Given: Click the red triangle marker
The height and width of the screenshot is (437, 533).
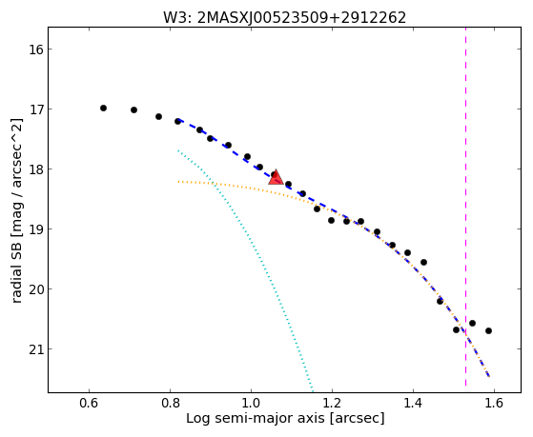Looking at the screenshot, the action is [x=276, y=177].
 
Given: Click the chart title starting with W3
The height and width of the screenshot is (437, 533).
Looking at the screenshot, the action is [x=284, y=18].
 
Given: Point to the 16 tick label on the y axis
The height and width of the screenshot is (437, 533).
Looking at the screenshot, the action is [x=36, y=50].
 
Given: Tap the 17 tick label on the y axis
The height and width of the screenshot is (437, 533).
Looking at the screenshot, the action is [x=36, y=109].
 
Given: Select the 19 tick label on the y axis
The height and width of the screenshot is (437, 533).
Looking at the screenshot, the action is [x=36, y=229].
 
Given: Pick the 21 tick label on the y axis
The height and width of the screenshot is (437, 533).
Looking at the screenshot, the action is [x=36, y=349].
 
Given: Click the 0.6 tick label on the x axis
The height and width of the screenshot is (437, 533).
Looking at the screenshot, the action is [x=89, y=403].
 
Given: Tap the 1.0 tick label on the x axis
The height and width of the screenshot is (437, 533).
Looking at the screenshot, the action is [x=251, y=403].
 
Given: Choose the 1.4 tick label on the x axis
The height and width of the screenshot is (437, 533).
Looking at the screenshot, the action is [x=413, y=403].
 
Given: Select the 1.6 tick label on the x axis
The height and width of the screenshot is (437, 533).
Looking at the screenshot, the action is [x=494, y=403].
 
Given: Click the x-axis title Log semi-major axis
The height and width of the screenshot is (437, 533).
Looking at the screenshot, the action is [x=285, y=419].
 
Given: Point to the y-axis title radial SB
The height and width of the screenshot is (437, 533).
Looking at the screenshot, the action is [x=16, y=210].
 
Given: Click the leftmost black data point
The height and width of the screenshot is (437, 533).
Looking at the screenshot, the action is [x=103, y=108].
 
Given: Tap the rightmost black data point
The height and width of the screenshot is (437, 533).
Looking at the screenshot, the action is [x=488, y=330].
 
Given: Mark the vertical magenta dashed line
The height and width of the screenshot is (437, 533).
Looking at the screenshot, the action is [x=465, y=207].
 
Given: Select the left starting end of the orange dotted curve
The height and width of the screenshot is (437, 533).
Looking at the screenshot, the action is [x=178, y=182].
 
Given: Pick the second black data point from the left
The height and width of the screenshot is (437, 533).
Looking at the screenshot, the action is [x=133, y=109].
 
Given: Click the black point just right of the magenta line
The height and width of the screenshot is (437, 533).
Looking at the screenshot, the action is [x=472, y=323].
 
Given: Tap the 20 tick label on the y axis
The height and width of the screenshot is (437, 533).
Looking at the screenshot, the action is [x=36, y=289].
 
